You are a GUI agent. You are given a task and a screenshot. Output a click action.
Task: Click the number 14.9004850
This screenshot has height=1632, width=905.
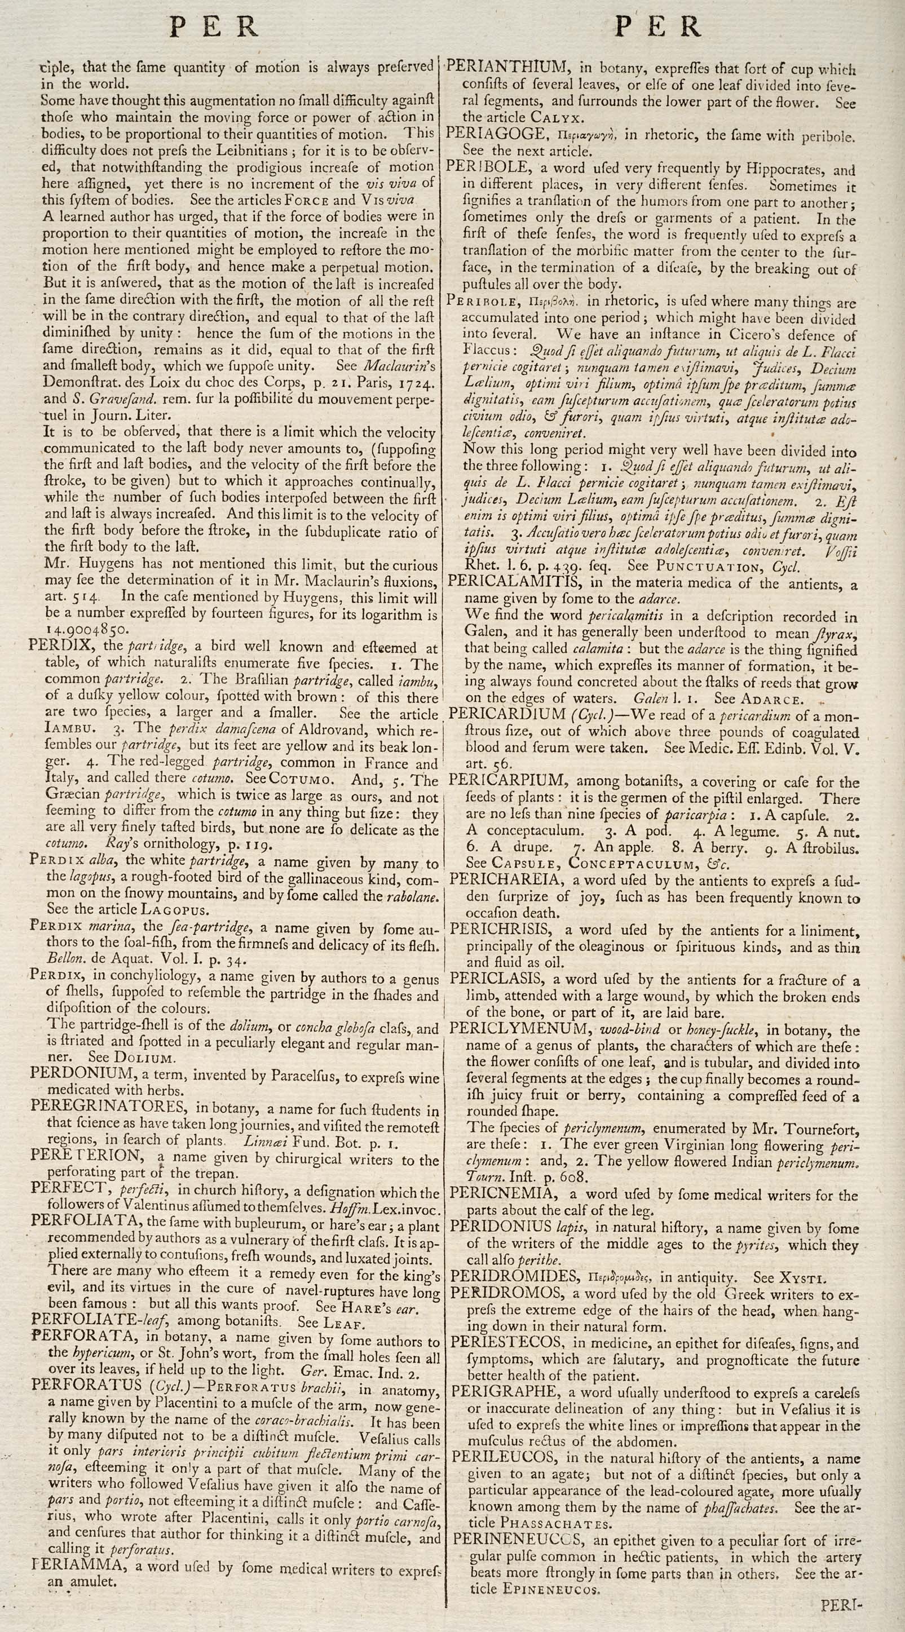(87, 630)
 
